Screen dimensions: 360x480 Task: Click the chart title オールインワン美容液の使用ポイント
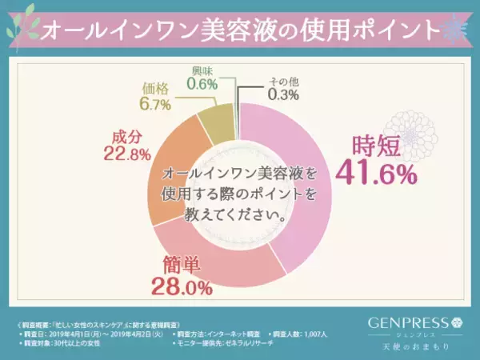[x=240, y=30]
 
